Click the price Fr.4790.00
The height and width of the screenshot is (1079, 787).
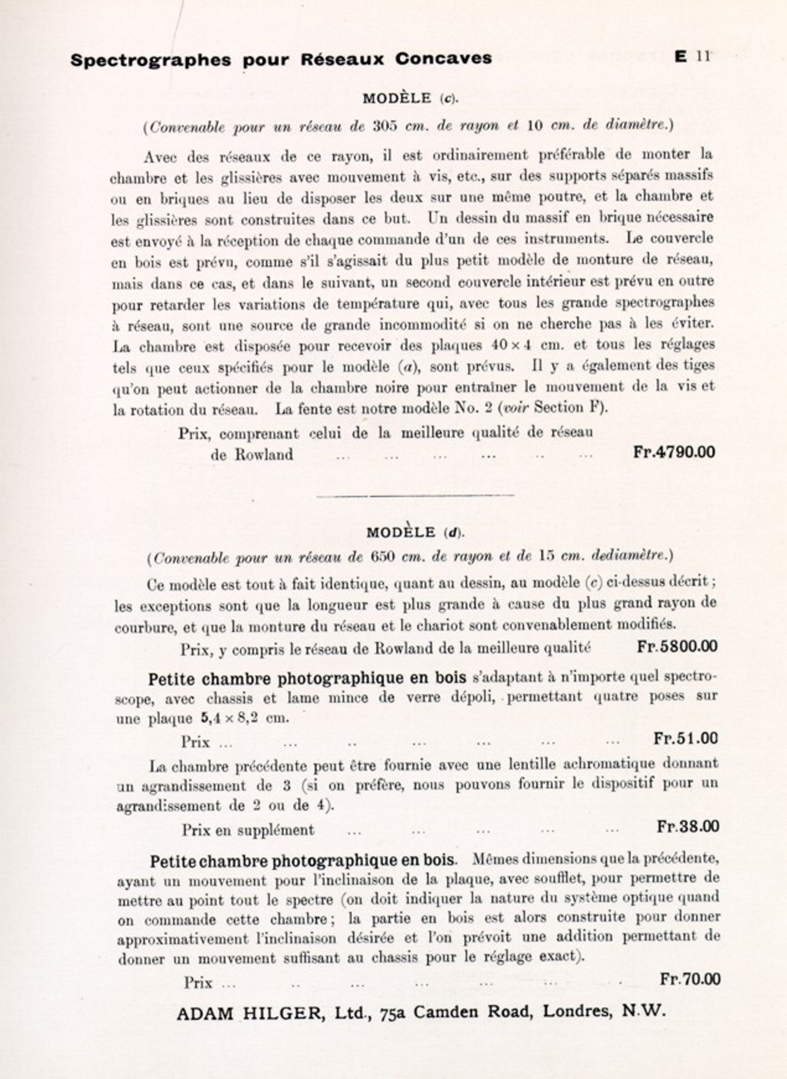point(674,452)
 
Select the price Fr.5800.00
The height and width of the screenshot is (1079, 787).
point(677,647)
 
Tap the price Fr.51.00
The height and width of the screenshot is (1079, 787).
point(685,738)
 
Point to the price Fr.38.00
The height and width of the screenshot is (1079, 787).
point(688,827)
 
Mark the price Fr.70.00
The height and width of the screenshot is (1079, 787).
point(690,979)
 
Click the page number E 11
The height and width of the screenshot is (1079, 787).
point(692,56)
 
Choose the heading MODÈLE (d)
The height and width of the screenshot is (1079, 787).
point(415,533)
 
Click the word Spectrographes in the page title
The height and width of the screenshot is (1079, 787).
point(151,60)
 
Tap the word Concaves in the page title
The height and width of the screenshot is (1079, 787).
point(443,59)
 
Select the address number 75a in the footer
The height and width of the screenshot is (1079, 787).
point(394,1013)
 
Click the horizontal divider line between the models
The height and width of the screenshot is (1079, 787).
point(415,495)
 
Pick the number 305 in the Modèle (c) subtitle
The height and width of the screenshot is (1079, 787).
point(384,126)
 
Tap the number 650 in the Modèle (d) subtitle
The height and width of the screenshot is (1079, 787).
point(384,557)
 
